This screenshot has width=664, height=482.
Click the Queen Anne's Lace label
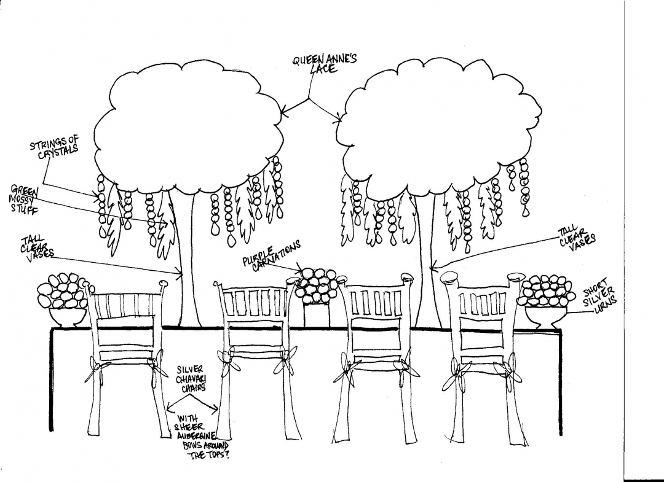tap(324, 64)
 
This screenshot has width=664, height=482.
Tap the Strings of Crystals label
tap(55, 147)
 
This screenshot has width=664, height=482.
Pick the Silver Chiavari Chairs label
tap(191, 378)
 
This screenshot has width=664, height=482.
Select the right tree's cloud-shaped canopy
tap(437, 130)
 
